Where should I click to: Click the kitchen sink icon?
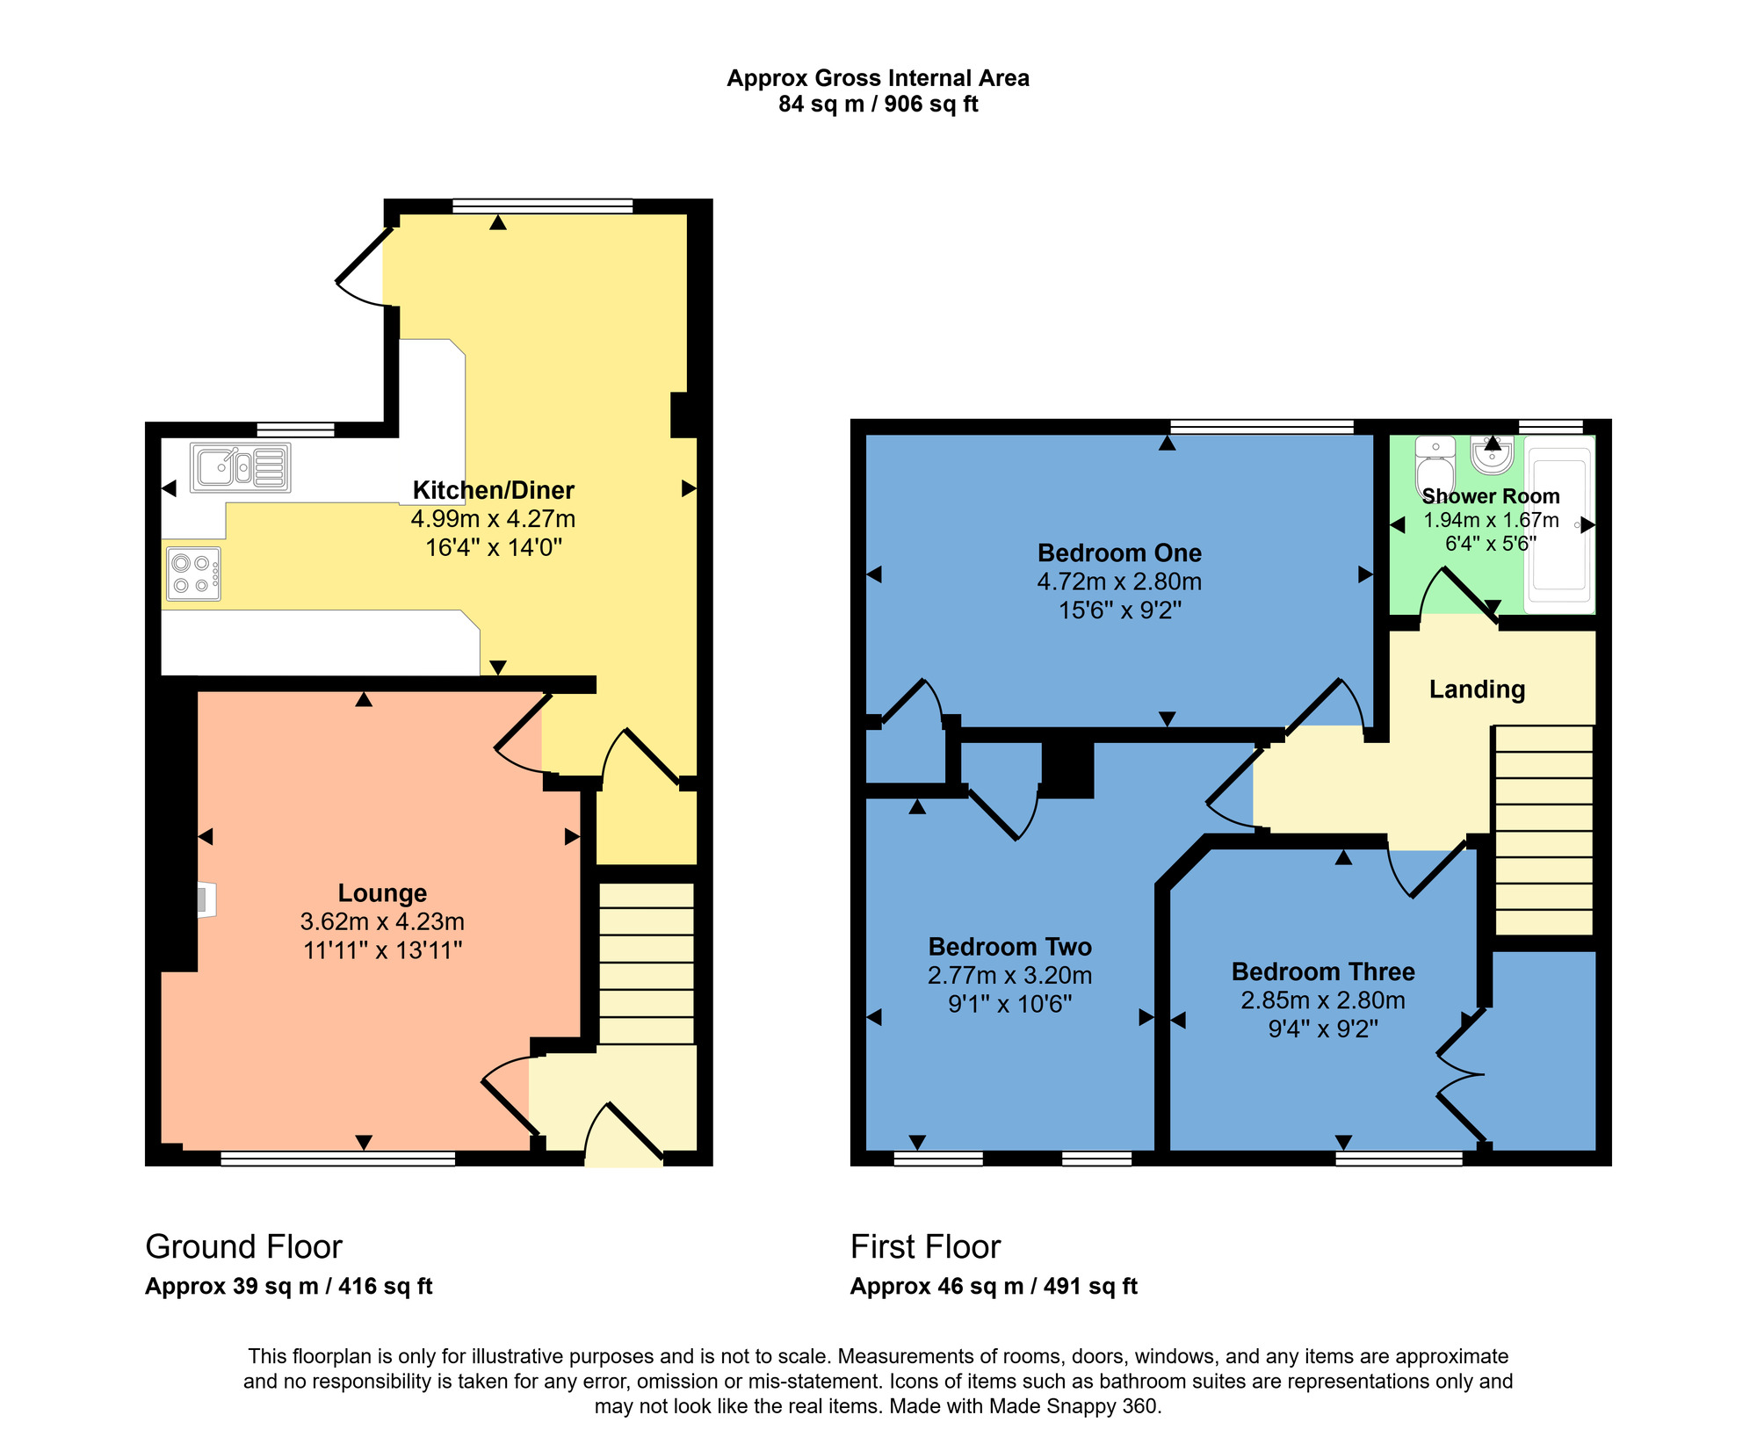(240, 467)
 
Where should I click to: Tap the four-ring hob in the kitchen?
(192, 574)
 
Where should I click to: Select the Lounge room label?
(382, 893)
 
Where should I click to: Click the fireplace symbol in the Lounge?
(205, 899)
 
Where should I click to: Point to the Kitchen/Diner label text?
(493, 490)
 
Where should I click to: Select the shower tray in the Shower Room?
(1560, 525)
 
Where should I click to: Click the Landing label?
(1477, 689)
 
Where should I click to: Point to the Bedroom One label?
(1119, 553)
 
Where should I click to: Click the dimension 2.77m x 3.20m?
(1009, 976)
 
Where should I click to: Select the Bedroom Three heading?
(1322, 971)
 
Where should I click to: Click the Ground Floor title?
(243, 1246)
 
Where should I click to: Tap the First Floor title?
(925, 1246)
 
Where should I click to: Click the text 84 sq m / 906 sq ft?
(878, 105)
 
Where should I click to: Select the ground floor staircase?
(647, 963)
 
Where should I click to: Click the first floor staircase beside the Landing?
(1544, 830)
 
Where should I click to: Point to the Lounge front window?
(337, 1159)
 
